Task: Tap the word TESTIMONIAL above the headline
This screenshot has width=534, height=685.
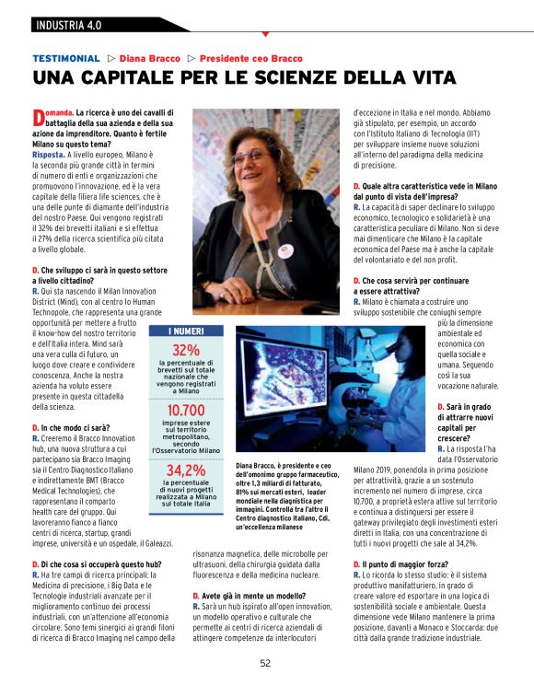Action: pos(65,58)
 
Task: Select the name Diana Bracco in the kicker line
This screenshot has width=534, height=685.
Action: pos(150,58)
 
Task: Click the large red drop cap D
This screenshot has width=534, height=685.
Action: pos(38,117)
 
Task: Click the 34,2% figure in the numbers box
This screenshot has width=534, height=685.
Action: pos(186,470)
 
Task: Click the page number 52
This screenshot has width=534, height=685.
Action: pos(265,663)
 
